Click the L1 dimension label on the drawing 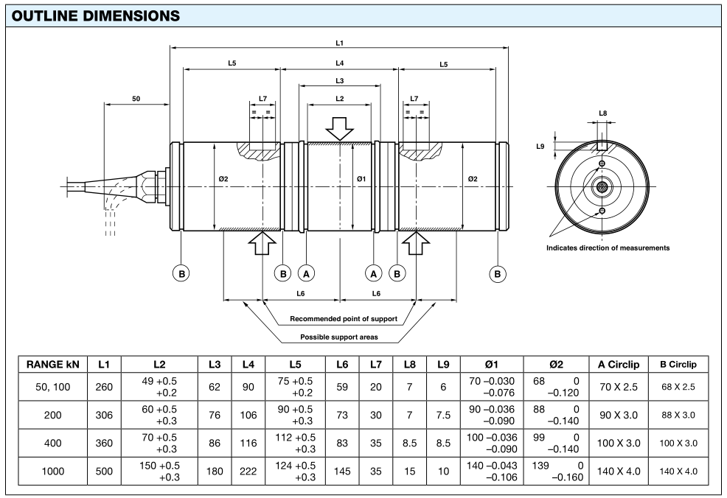pyautogui.click(x=338, y=43)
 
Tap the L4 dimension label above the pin pyautogui.click(x=338, y=64)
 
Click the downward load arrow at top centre pyautogui.click(x=339, y=127)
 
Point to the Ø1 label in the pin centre pyautogui.click(x=361, y=178)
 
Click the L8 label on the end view pyautogui.click(x=602, y=113)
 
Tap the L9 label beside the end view pyautogui.click(x=540, y=147)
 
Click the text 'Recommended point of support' pyautogui.click(x=344, y=319)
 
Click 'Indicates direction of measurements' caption pyautogui.click(x=608, y=248)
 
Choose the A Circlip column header pyautogui.click(x=617, y=365)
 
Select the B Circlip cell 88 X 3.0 pyautogui.click(x=678, y=415)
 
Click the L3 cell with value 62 pyautogui.click(x=215, y=386)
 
